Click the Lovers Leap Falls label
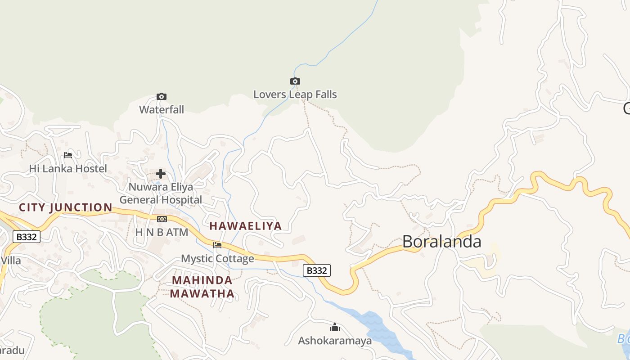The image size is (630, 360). pyautogui.click(x=295, y=94)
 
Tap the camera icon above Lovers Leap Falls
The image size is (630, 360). pyautogui.click(x=295, y=81)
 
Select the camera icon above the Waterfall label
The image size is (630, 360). pyautogui.click(x=162, y=97)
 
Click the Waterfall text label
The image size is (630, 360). pyautogui.click(x=162, y=109)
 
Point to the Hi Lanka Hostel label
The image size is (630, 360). pyautogui.click(x=68, y=169)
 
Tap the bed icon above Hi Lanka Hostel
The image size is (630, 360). pyautogui.click(x=68, y=155)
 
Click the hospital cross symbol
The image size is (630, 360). pyautogui.click(x=161, y=174)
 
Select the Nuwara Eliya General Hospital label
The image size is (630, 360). pyautogui.click(x=161, y=193)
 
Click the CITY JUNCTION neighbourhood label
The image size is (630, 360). pyautogui.click(x=66, y=207)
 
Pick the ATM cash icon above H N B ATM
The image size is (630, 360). pyautogui.click(x=162, y=219)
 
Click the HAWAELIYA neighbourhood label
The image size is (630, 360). pyautogui.click(x=246, y=226)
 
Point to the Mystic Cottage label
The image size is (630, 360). pyautogui.click(x=217, y=259)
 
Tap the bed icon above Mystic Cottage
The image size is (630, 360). pyautogui.click(x=217, y=245)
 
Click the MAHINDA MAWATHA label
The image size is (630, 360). pyautogui.click(x=202, y=287)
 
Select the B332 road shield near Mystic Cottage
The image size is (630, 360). pyautogui.click(x=317, y=270)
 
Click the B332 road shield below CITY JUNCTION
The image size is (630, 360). pyautogui.click(x=27, y=237)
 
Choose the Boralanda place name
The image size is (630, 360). pyautogui.click(x=441, y=242)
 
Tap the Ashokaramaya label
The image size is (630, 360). pyautogui.click(x=335, y=341)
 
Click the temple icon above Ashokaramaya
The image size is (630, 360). pyautogui.click(x=335, y=327)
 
